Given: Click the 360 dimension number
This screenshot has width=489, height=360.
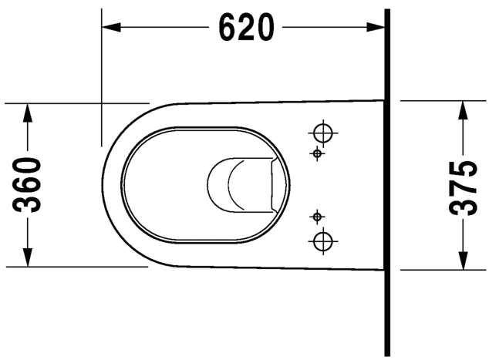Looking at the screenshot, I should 29,185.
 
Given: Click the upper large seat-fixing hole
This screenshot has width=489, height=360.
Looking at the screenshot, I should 324,132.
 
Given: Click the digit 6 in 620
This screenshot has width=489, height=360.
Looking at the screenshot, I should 229,29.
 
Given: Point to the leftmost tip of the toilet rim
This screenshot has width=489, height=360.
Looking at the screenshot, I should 103,185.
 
